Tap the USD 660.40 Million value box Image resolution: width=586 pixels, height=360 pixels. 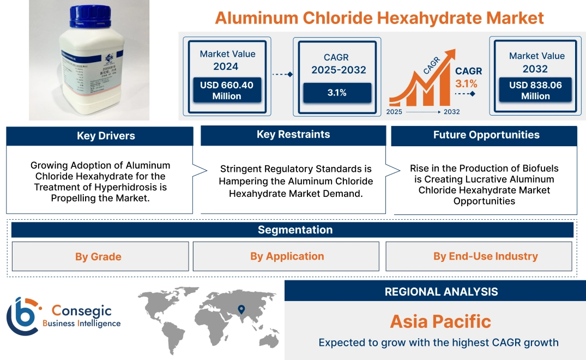pos(226,91)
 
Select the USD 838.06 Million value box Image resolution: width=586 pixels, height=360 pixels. pos(535,91)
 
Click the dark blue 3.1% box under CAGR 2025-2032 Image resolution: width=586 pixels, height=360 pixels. pos(337,93)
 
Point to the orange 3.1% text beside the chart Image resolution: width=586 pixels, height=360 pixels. pos(466,83)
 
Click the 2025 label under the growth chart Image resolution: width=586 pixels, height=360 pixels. pos(395,112)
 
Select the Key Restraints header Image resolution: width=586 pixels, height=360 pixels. pos(293,135)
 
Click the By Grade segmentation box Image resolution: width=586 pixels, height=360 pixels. pos(99,256)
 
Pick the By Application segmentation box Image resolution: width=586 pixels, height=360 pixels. pos(287,256)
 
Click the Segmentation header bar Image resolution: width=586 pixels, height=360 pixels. pos(295,230)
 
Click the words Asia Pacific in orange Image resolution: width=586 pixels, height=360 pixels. pos(440,321)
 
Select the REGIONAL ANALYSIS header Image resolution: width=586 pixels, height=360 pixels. pos(441,292)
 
